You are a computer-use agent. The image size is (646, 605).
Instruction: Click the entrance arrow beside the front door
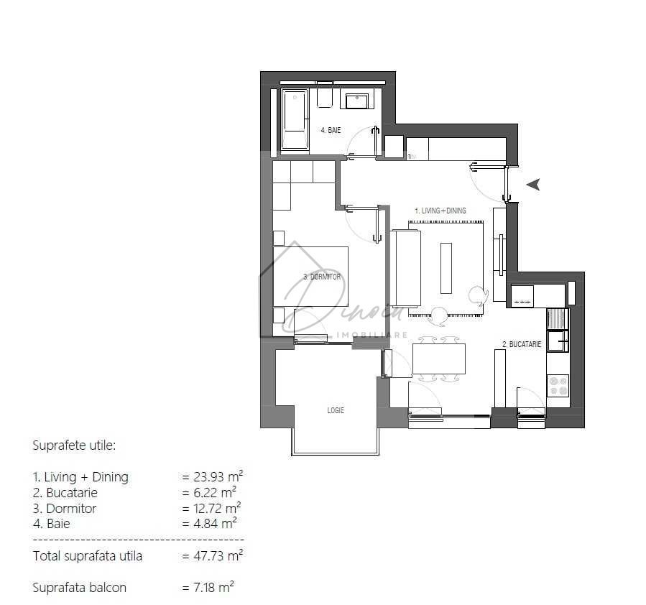point(533,185)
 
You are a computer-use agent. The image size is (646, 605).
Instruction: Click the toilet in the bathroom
point(325,97)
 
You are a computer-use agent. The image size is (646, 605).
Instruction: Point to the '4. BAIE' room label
point(331,130)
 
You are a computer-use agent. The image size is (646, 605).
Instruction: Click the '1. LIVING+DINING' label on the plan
point(440,211)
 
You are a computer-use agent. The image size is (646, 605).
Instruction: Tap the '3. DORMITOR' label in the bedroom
point(322,277)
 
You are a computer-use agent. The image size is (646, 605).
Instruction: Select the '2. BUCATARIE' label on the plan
point(521,345)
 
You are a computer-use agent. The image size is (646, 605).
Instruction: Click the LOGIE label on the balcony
point(336,410)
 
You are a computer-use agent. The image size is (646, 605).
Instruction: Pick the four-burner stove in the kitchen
point(558,386)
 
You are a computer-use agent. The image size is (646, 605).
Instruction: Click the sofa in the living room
point(406,268)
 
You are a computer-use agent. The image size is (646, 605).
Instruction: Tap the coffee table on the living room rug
point(446,268)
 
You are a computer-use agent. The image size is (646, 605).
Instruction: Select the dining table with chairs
point(438,359)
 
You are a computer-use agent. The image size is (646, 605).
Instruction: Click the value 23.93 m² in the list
point(213,476)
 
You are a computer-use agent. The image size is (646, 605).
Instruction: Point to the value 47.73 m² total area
point(213,555)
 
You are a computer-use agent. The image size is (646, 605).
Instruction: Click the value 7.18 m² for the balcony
point(209,587)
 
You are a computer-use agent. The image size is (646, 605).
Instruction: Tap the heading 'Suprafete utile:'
point(74,445)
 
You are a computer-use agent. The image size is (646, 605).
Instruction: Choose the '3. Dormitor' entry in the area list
point(65,508)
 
